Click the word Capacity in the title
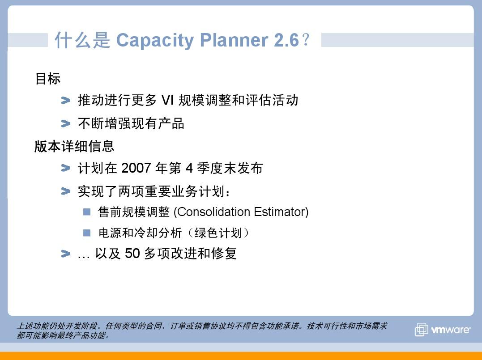tap(155, 41)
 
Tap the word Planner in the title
tap(234, 40)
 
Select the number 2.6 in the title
tap(286, 40)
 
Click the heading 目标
tap(47, 78)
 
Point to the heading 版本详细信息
tap(74, 146)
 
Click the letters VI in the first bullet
tap(168, 100)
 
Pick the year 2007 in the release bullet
tap(136, 168)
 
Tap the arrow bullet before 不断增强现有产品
tap(66, 123)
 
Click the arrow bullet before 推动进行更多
tap(66, 100)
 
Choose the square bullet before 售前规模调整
tap(87, 212)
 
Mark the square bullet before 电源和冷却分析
tap(87, 233)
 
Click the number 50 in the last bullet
tap(132, 254)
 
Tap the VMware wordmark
tap(451, 330)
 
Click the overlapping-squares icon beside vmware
tap(422, 330)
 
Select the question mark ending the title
tap(306, 40)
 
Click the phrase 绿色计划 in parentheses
tap(218, 233)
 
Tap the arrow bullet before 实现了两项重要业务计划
tap(66, 191)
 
